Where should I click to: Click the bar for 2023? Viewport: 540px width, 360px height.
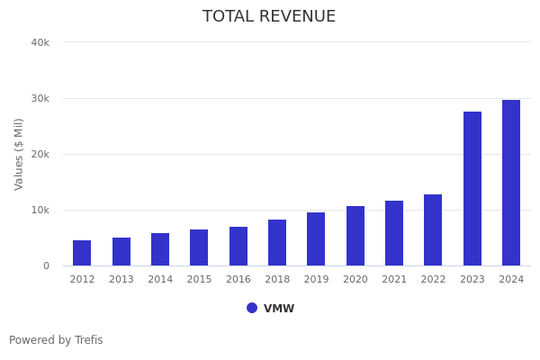tap(472, 189)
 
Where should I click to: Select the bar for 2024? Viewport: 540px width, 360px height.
tap(511, 183)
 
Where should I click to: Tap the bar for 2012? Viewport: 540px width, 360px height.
tap(82, 253)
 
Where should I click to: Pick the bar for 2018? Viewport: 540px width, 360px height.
tap(277, 243)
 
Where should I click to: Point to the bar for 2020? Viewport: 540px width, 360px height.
tap(355, 236)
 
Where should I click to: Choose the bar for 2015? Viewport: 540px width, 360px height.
tap(199, 247)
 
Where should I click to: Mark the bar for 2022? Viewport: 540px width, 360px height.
tap(433, 230)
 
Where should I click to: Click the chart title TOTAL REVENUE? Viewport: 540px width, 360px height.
tap(269, 17)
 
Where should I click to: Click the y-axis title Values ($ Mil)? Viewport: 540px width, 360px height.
tap(20, 154)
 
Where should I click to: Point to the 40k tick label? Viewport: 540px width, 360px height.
tap(40, 42)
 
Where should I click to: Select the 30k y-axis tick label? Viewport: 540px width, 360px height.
tap(40, 98)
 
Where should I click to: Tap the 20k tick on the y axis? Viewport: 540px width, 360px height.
tap(40, 154)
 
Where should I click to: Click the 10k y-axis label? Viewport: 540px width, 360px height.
tap(40, 210)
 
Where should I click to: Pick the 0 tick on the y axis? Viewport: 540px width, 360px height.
tap(45, 265)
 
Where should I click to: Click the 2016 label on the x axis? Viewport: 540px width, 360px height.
tap(238, 280)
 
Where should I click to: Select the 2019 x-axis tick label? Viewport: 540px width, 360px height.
tap(316, 280)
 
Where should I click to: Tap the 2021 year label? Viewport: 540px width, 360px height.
tap(394, 280)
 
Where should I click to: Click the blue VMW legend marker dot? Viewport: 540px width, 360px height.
tap(252, 308)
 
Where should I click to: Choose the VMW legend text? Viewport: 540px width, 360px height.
tap(279, 309)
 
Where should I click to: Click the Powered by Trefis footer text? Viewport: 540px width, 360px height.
tap(56, 340)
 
